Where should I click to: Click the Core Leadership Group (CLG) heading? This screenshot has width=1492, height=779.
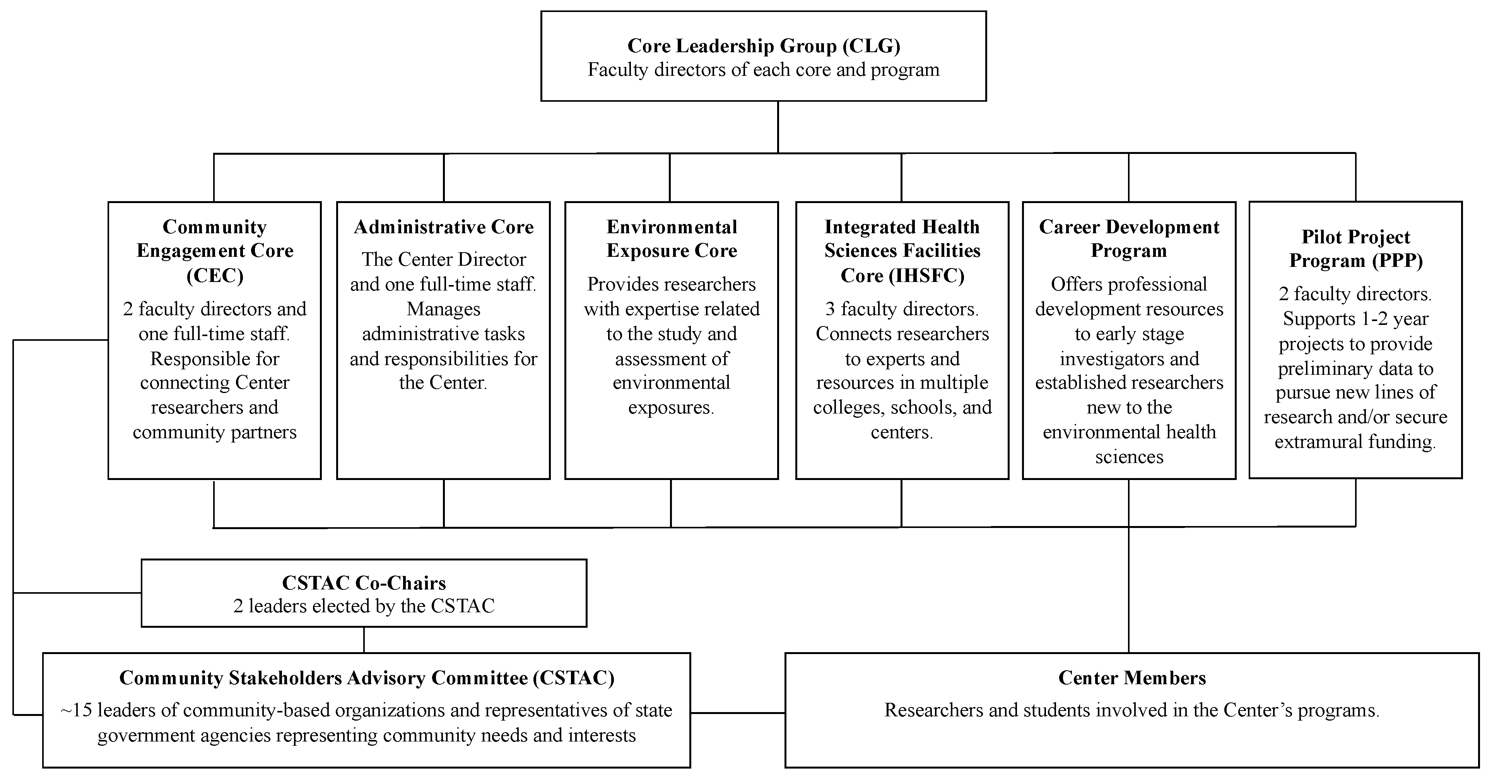763,46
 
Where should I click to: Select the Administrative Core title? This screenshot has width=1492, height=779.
444,227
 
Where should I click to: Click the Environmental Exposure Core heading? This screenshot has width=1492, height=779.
671,239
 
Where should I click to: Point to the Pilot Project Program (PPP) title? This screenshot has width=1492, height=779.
1355,248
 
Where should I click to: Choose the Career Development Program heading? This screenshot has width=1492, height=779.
1129,239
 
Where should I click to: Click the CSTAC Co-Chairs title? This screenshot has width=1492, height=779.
364,583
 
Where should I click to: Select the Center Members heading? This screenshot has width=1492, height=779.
1132,678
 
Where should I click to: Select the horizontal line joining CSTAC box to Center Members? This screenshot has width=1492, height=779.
737,712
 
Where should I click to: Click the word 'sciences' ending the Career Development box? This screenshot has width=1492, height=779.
1129,457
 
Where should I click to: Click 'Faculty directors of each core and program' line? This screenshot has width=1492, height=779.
763,70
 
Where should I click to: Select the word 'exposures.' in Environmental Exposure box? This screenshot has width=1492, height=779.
671,408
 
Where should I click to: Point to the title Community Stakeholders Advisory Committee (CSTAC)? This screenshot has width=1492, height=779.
367,678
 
